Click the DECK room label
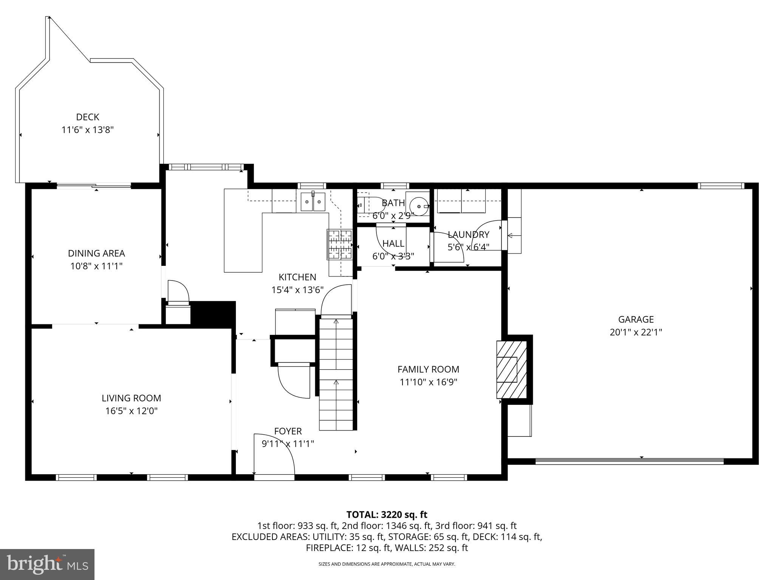coord(88,117)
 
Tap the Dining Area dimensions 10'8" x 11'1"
coord(96,266)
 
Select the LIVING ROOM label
coord(131,398)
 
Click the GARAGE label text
coord(636,319)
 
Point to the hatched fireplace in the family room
coord(511,370)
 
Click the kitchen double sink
coord(313,202)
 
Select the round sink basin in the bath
coord(419,206)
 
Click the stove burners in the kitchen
coord(339,245)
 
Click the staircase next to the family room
coord(336,374)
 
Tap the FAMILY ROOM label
coord(428,369)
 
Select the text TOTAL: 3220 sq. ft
coord(387,514)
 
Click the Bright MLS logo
coord(47,564)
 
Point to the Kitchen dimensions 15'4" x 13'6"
coord(297,290)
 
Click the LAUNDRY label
coord(468,234)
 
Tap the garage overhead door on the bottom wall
coord(629,461)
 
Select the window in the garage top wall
coord(720,186)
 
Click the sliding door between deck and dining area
coord(94,185)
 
